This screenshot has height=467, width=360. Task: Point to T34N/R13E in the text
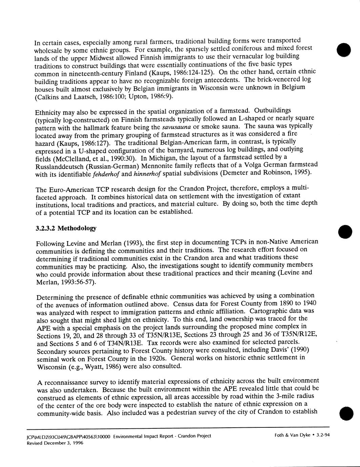(x=129, y=343)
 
